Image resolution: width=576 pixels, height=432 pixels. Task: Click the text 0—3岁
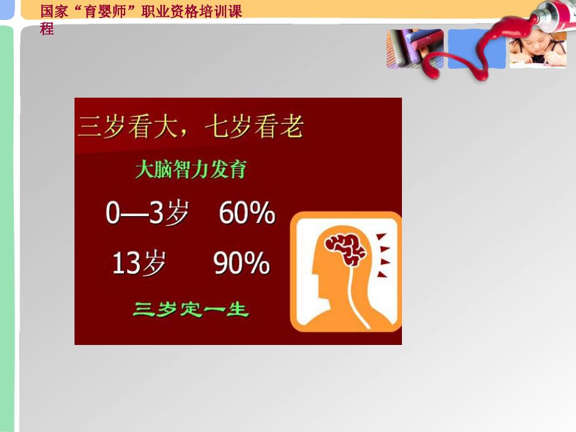(x=147, y=214)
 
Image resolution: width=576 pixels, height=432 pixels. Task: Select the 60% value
(x=247, y=214)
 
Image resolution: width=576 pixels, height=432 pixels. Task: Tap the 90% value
(x=242, y=264)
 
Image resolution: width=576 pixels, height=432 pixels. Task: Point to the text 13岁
(x=139, y=264)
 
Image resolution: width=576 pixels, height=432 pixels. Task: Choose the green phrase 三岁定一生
(x=190, y=309)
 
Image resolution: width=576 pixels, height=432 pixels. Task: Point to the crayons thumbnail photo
(x=415, y=49)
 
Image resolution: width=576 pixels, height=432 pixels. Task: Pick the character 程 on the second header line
(x=47, y=28)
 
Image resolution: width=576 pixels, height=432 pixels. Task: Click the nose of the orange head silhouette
(x=312, y=275)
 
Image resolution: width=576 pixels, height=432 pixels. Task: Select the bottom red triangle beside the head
(x=382, y=273)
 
